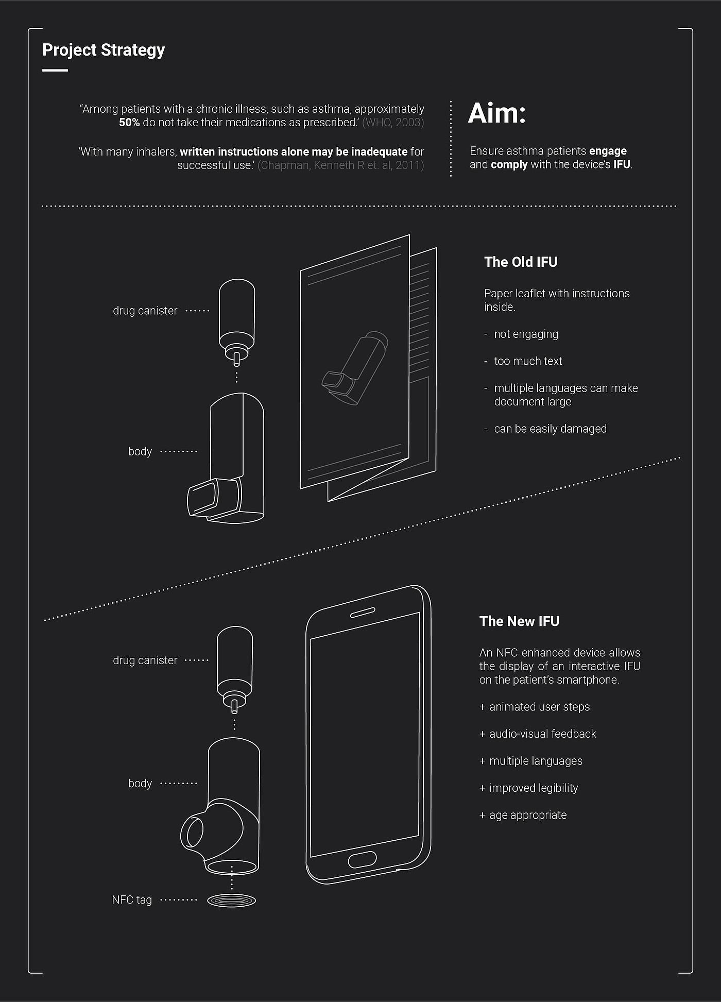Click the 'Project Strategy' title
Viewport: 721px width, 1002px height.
104,50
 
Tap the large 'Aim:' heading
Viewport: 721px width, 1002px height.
497,113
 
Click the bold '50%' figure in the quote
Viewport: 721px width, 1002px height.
129,123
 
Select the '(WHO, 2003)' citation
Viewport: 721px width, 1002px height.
393,123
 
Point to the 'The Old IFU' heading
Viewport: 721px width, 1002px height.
521,262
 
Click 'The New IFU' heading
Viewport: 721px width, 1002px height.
519,621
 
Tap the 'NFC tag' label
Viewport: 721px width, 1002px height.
132,900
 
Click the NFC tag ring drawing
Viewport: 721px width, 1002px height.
231,901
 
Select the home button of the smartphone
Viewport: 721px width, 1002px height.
362,859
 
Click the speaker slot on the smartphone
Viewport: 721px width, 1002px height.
363,612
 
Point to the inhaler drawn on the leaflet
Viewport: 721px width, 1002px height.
355,368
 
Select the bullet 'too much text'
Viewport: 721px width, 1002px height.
528,361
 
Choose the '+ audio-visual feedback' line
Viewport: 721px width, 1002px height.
538,734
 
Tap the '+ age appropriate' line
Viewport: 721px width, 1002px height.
523,815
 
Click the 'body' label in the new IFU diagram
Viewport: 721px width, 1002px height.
140,784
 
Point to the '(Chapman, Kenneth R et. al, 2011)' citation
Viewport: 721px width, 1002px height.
340,165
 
